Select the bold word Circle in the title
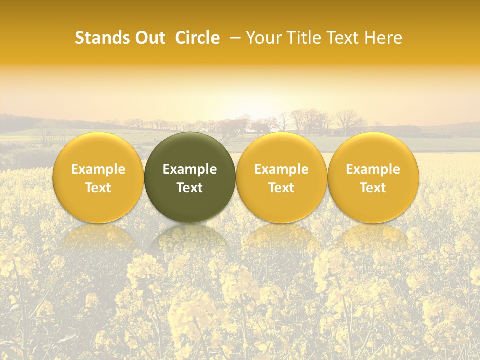[x=197, y=38]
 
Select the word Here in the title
[x=384, y=38]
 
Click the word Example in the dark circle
[x=190, y=169]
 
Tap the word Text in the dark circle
[x=190, y=188]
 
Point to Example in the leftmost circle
[x=98, y=169]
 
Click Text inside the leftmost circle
[x=98, y=188]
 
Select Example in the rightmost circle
[x=373, y=169]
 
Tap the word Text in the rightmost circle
[x=373, y=188]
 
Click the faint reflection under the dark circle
[x=190, y=240]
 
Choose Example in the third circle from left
[x=281, y=169]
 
